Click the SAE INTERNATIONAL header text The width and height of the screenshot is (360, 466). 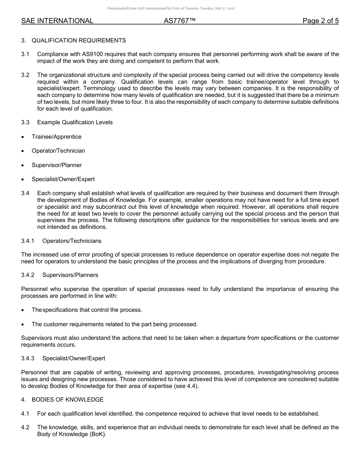point(57,21)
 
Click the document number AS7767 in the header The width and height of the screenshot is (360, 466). point(180,21)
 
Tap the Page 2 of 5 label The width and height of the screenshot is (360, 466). point(321,21)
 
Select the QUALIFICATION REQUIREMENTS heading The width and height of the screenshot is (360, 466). point(79,41)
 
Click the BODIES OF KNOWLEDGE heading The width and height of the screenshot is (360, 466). point(67,400)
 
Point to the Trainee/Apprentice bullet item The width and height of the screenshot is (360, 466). point(56,137)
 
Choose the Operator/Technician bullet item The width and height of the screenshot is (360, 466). point(58,151)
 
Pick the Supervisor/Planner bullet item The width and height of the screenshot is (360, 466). point(57,165)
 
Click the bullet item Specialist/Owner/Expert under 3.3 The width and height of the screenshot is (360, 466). point(63,179)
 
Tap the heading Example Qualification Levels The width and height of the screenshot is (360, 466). point(75,122)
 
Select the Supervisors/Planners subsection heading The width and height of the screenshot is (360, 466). point(70,275)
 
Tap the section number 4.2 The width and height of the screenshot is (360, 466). point(25,427)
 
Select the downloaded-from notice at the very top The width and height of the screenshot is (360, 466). point(171,8)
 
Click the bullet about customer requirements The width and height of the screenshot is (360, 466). point(114,324)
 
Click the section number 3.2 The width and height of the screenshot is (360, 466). point(25,75)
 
